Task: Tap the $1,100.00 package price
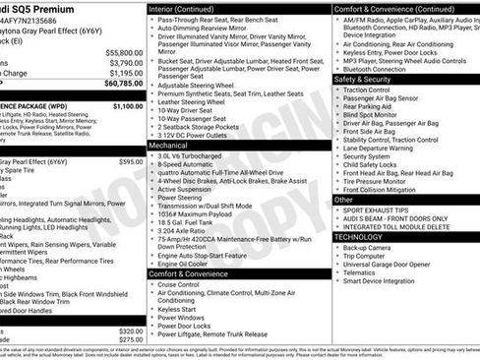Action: (x=127, y=105)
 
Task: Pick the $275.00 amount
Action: (x=130, y=339)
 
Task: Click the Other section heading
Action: (x=343, y=200)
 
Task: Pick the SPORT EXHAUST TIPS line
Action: (x=379, y=210)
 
